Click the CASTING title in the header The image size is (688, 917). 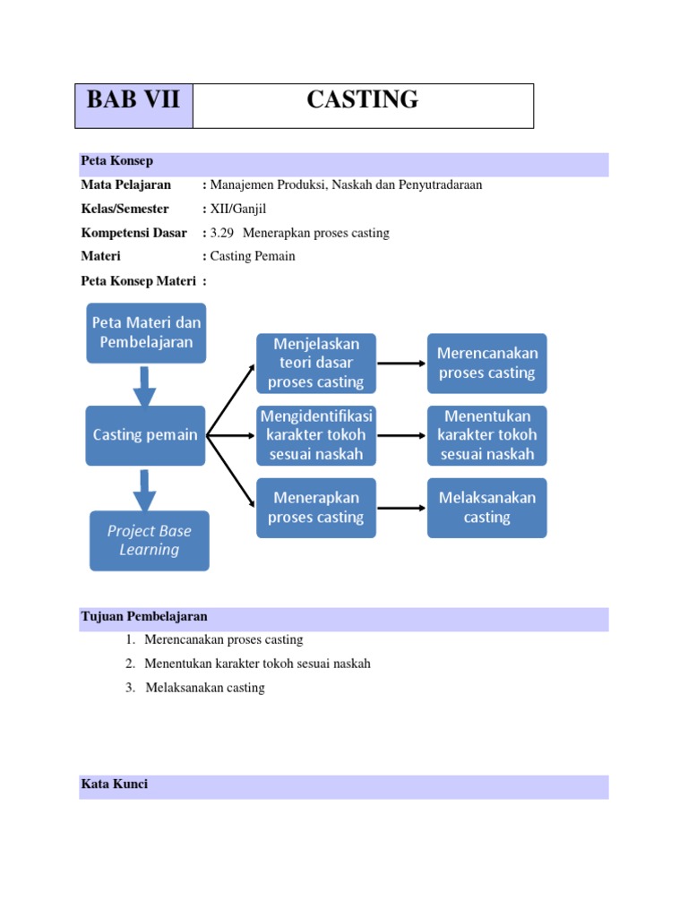(362, 100)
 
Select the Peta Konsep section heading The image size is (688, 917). (116, 161)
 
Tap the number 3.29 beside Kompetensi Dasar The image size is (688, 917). (220, 233)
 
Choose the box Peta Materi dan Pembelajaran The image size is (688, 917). (146, 332)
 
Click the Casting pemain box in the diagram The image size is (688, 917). (146, 435)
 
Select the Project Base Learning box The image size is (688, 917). (150, 541)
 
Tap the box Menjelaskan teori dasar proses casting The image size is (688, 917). (316, 364)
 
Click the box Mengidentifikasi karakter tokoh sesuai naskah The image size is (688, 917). (316, 435)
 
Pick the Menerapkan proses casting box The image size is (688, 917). (316, 508)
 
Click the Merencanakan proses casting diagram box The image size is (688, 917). (486, 364)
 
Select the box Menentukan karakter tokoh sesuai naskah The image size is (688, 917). (486, 435)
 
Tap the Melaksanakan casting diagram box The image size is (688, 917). (486, 508)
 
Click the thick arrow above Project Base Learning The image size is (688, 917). (145, 489)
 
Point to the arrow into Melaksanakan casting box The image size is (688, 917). (400, 508)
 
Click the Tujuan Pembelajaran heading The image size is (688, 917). (144, 617)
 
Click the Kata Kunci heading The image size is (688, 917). (114, 784)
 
